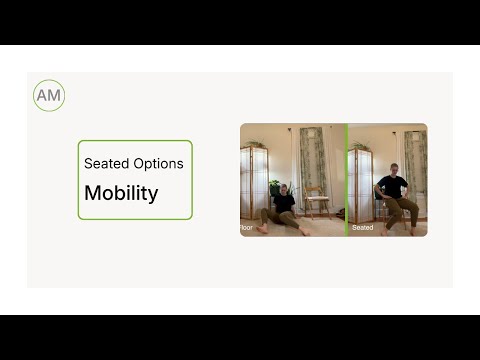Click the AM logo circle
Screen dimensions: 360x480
coord(48,96)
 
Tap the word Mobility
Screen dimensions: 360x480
coord(121,193)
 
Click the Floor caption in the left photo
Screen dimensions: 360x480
coord(246,228)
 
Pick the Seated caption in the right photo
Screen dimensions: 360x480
coord(362,228)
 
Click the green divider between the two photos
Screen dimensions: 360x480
coord(346,180)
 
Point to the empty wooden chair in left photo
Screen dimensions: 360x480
coord(317,200)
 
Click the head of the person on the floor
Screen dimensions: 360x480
coord(283,188)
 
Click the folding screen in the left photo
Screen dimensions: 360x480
coord(254,185)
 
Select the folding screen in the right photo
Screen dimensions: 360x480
coord(361,185)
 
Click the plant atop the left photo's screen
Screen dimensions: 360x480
coord(254,144)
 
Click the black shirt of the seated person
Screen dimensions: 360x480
coord(391,187)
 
